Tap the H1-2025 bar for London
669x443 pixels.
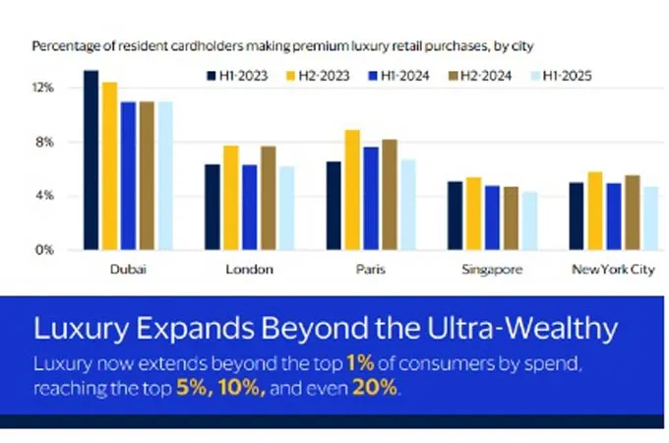[286, 208]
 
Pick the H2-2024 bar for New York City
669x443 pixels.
[633, 213]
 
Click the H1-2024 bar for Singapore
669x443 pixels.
[492, 218]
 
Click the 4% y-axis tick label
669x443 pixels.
[44, 196]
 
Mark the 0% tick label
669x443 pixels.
[44, 250]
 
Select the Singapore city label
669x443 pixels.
[492, 269]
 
